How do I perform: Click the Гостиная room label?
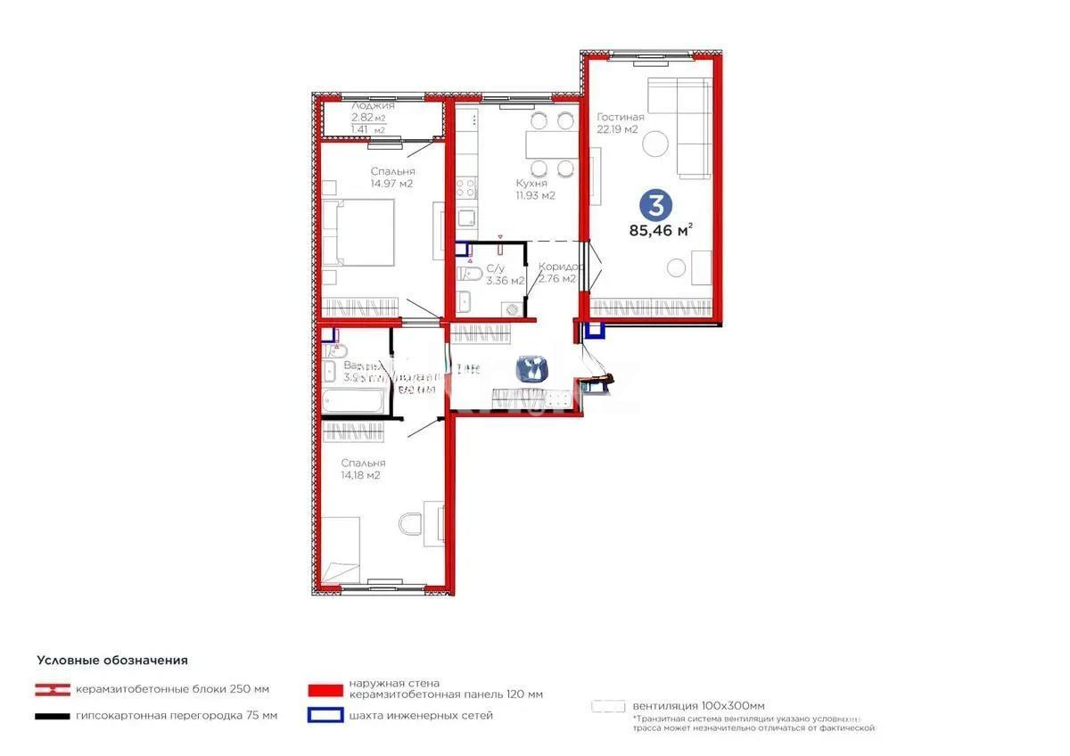[x=621, y=117]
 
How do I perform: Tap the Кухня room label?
[x=531, y=183]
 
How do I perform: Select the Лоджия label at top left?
[x=373, y=105]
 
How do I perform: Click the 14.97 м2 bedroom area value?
[x=392, y=185]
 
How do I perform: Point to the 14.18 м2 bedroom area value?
[x=361, y=476]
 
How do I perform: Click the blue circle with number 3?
[x=655, y=206]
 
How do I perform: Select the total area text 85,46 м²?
[x=661, y=231]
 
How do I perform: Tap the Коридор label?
[x=561, y=267]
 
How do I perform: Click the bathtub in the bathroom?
[x=353, y=402]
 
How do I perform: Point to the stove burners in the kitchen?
[x=465, y=188]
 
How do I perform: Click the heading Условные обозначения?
[x=112, y=661]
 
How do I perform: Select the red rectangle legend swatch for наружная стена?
[x=325, y=689]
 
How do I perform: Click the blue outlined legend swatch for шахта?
[x=325, y=715]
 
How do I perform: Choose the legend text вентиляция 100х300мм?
[x=698, y=706]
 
